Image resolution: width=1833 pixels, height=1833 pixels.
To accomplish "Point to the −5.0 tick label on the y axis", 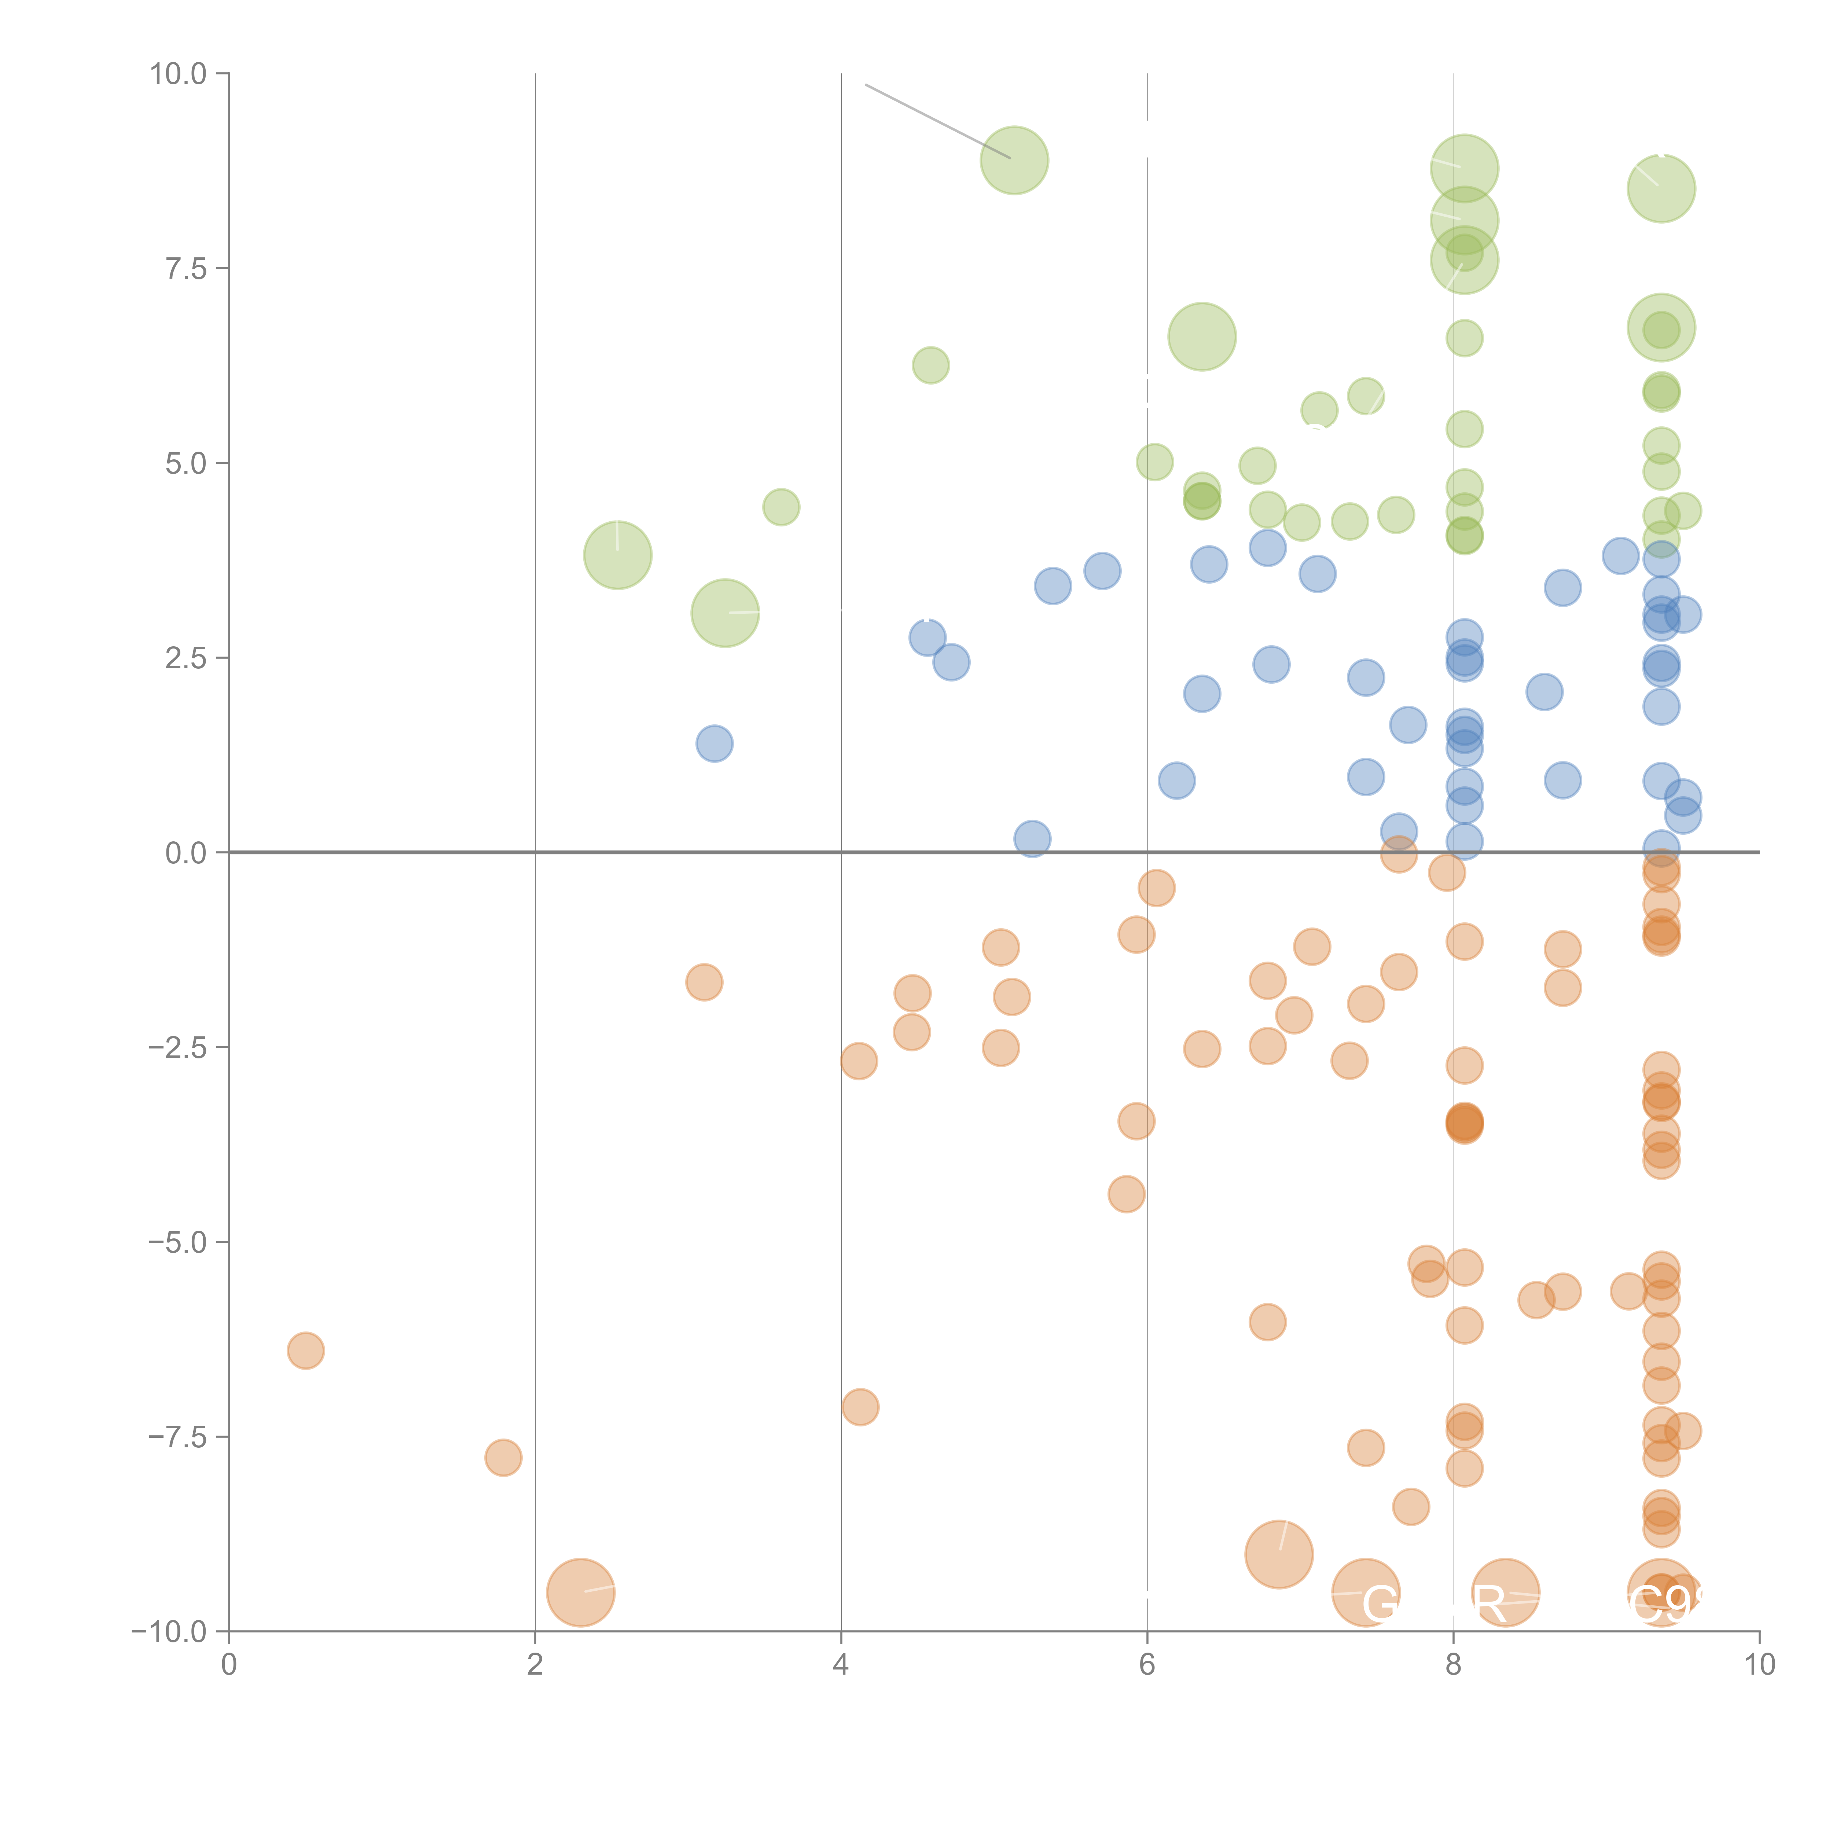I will click(177, 1242).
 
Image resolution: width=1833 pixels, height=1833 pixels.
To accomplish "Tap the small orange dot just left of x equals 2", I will click(503, 1457).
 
